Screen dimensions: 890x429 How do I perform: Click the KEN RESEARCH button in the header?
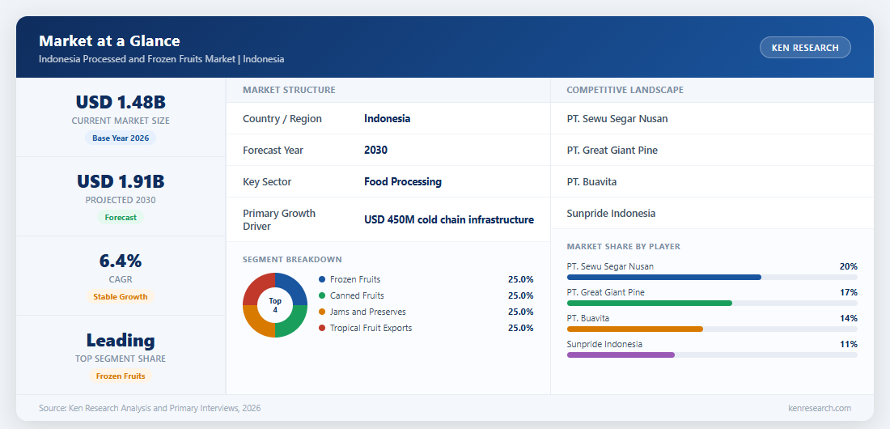[x=805, y=48]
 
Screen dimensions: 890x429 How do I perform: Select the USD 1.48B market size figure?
[x=121, y=102]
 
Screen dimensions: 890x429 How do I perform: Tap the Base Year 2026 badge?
[x=121, y=138]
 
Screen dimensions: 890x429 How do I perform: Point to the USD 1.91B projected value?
[x=121, y=181]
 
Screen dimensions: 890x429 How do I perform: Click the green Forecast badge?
[x=121, y=217]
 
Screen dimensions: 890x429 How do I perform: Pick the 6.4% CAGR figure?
[x=121, y=261]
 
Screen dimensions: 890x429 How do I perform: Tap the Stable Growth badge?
[x=121, y=296]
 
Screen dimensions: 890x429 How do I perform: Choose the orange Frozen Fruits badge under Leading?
[x=121, y=376]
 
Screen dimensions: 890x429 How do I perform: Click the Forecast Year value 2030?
[x=375, y=150]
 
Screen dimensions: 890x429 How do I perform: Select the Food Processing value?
[x=403, y=182]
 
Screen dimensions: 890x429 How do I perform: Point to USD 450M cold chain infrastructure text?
[x=449, y=220]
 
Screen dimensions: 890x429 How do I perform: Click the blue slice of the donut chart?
[x=290, y=289]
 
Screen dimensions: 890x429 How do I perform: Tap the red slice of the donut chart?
[x=260, y=289]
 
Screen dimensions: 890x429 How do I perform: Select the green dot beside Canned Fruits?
[x=322, y=295]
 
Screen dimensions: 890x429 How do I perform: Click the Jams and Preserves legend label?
[x=368, y=312]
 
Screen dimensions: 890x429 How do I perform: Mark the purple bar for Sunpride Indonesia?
[x=621, y=355]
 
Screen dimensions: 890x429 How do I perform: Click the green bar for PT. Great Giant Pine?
[x=650, y=304]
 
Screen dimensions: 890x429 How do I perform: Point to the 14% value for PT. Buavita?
[x=849, y=318]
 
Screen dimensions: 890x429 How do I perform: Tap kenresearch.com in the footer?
[x=820, y=408]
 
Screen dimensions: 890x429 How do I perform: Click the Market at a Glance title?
[x=109, y=41]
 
